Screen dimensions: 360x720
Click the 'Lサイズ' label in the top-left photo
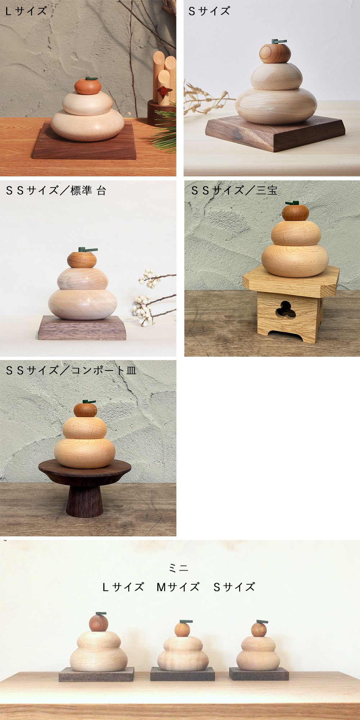[x=26, y=11]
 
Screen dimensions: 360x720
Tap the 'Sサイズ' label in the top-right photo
[x=209, y=11]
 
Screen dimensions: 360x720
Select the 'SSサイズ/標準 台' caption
[x=56, y=190]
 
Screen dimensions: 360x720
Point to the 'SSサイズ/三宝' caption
[x=234, y=190]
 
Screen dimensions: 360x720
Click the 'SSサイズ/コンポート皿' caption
[x=71, y=370]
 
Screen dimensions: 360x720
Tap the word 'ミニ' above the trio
[x=179, y=568]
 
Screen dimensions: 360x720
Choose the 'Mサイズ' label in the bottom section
[x=178, y=587]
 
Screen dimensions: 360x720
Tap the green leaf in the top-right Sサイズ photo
[x=279, y=41]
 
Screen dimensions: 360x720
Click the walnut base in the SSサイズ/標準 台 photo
[x=82, y=328]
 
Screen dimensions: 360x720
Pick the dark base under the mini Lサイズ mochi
[x=96, y=674]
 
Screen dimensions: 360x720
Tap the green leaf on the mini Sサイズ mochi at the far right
[x=262, y=622]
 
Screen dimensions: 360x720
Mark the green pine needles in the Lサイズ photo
[x=164, y=128]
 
